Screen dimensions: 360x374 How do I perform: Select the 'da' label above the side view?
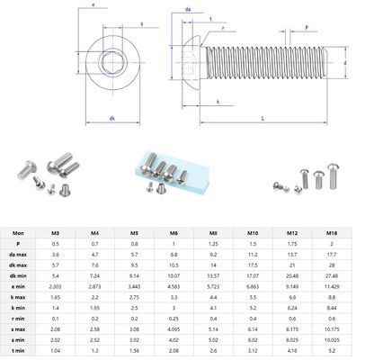coord(187,9)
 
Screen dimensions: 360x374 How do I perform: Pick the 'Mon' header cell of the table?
coord(17,231)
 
